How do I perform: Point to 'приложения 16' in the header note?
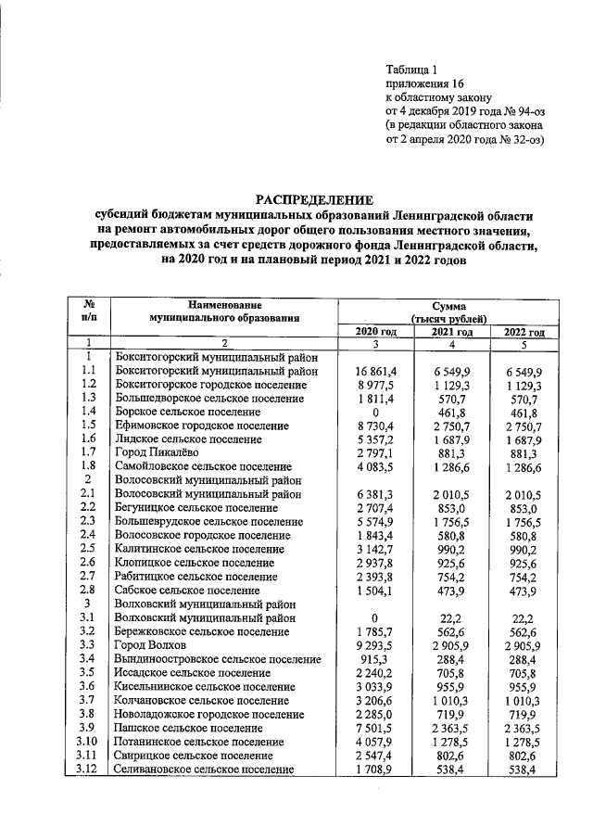point(423,83)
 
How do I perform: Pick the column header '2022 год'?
point(524,332)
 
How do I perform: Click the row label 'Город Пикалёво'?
point(154,452)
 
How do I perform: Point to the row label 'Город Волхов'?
point(149,643)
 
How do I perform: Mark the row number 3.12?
point(89,769)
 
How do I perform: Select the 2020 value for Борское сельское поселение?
point(376,412)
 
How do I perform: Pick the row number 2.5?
point(89,548)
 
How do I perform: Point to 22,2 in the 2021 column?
point(454,617)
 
